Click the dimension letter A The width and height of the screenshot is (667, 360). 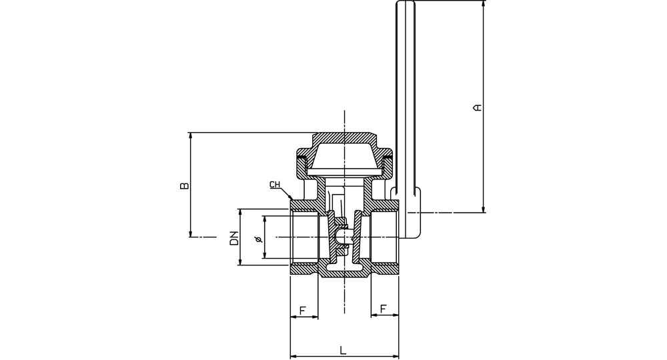coord(478,107)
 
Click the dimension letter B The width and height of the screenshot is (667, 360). coord(184,186)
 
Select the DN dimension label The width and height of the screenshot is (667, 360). coord(233,239)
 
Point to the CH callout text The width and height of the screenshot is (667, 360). coord(275,185)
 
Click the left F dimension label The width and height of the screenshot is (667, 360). coord(302,311)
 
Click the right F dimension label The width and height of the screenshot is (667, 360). coord(384,309)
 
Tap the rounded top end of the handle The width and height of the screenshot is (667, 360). coord(406,3)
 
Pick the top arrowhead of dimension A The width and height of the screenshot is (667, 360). coord(484,4)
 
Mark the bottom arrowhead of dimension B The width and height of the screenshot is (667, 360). coord(191,233)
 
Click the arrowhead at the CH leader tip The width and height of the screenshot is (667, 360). coord(291,197)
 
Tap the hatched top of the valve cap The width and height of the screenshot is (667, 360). coord(344,138)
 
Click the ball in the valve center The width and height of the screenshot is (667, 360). coord(342,237)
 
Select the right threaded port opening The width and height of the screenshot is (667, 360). coord(385,238)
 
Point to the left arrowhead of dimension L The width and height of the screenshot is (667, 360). coord(293,356)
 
